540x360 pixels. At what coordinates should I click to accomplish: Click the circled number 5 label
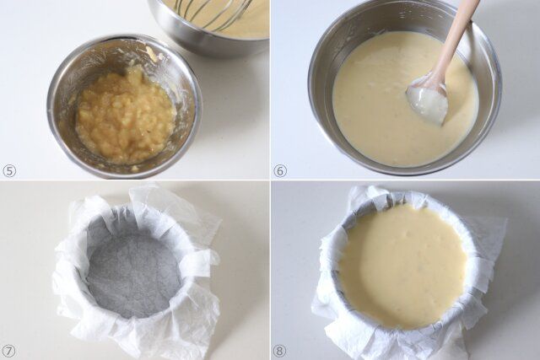pyautogui.click(x=9, y=170)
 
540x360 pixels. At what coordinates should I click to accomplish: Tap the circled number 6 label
pyautogui.click(x=279, y=170)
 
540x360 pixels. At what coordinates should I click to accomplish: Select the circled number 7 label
pyautogui.click(x=9, y=351)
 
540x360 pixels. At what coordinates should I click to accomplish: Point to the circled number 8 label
pyautogui.click(x=279, y=351)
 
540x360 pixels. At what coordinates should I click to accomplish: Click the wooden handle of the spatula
pyautogui.click(x=455, y=38)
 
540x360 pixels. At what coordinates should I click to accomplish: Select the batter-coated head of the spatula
pyautogui.click(x=428, y=100)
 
